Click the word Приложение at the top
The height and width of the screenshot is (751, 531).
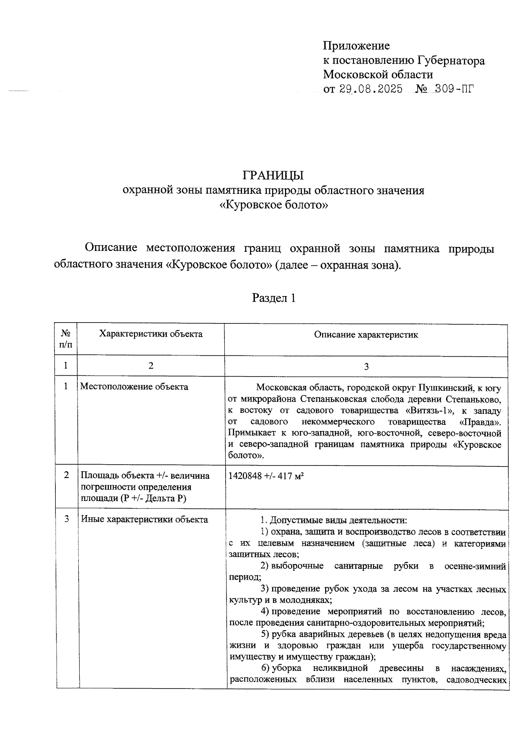(x=356, y=46)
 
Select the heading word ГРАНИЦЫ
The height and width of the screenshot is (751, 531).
(x=273, y=176)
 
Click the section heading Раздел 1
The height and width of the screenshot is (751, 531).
(x=273, y=298)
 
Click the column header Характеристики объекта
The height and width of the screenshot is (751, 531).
(x=150, y=334)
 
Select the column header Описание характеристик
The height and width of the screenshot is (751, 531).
(x=366, y=335)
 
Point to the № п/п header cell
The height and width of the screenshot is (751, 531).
(x=65, y=339)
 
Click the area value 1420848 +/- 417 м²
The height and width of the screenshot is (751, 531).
(x=265, y=476)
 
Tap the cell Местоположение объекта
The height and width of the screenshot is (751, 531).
(x=134, y=387)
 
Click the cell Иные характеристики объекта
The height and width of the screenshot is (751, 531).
(x=144, y=520)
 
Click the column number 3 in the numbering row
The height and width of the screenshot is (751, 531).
(x=366, y=366)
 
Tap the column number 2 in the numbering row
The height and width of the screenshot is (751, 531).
(x=151, y=366)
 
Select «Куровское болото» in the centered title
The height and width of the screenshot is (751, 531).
(x=274, y=205)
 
